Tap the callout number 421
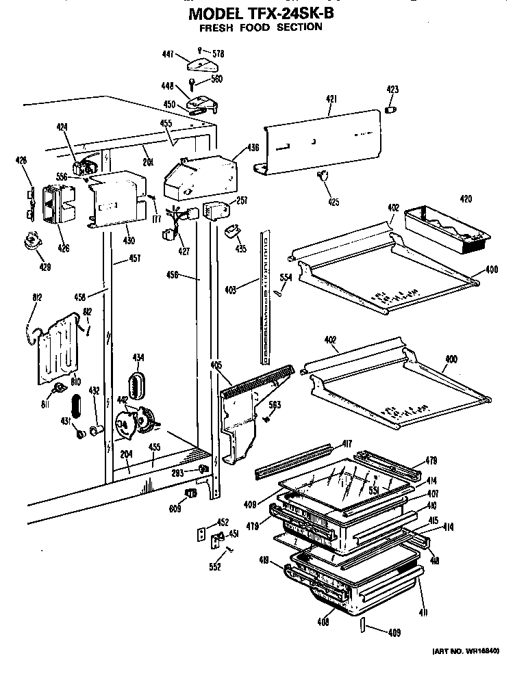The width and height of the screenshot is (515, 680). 331,100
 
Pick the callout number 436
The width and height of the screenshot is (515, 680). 253,147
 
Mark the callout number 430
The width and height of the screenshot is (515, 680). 129,240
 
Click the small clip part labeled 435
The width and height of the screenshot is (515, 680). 230,232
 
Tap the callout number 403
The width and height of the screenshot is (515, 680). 231,290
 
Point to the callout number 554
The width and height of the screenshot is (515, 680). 286,277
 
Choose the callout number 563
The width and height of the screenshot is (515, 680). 274,406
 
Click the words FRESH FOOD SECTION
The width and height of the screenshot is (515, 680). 261,27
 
